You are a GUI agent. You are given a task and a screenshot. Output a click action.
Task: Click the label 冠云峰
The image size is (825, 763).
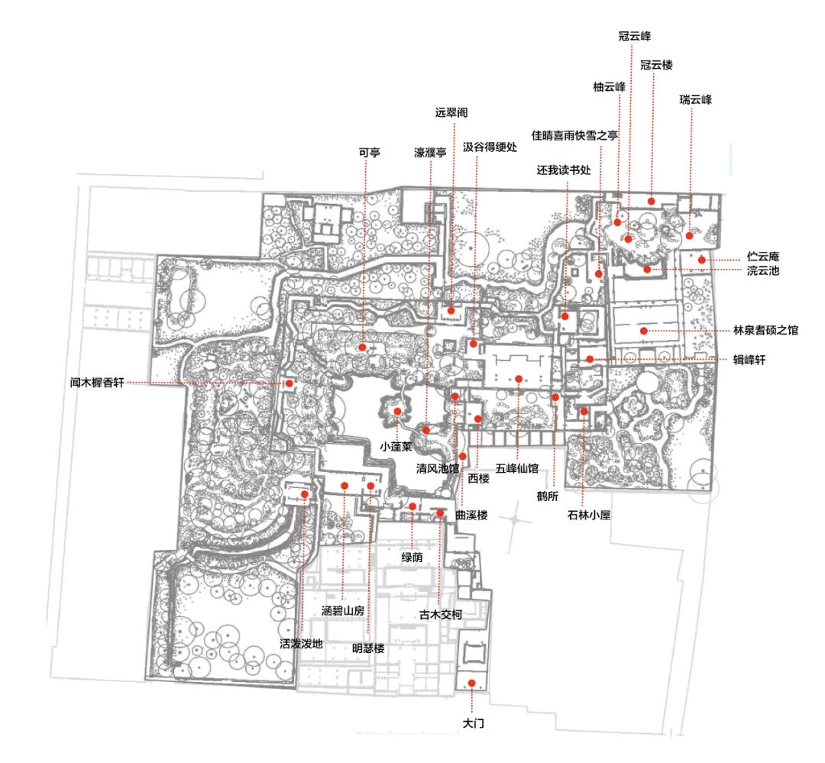click(x=635, y=37)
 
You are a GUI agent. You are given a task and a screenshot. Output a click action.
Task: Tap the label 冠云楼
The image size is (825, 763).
click(x=657, y=65)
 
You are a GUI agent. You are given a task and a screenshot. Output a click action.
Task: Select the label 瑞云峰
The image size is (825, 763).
click(x=696, y=99)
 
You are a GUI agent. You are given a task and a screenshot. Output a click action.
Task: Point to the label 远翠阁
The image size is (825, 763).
click(x=451, y=112)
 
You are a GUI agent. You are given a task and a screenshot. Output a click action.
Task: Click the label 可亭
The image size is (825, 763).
click(x=370, y=153)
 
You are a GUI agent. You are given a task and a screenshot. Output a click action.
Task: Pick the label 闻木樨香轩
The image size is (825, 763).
click(x=97, y=383)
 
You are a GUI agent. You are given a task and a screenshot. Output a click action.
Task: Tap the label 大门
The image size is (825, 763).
click(x=474, y=723)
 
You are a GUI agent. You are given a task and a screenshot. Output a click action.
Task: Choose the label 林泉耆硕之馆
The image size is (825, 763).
click(x=765, y=331)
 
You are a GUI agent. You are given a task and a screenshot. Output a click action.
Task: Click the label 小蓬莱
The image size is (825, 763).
click(x=396, y=447)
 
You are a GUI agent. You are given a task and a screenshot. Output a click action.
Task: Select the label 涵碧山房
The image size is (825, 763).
click(x=343, y=611)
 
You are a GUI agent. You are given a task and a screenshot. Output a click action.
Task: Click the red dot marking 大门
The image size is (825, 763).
click(x=472, y=683)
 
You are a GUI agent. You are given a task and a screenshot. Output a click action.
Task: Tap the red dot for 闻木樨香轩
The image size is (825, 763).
click(x=289, y=383)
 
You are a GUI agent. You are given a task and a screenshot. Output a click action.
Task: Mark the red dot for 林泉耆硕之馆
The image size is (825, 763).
click(x=643, y=331)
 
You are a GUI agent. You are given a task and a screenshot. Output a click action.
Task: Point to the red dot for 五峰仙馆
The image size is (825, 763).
click(x=519, y=379)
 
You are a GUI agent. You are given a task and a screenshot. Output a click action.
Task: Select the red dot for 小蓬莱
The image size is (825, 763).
click(x=397, y=412)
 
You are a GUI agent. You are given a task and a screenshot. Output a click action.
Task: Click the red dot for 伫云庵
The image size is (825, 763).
click(x=702, y=260)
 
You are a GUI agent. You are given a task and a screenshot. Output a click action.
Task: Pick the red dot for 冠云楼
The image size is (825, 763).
click(x=652, y=201)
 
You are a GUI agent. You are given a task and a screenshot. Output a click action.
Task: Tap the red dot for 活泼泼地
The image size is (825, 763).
click(x=305, y=494)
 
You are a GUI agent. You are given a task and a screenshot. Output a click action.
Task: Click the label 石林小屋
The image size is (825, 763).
click(x=589, y=515)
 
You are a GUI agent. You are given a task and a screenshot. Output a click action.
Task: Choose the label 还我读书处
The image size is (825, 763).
click(x=564, y=170)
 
